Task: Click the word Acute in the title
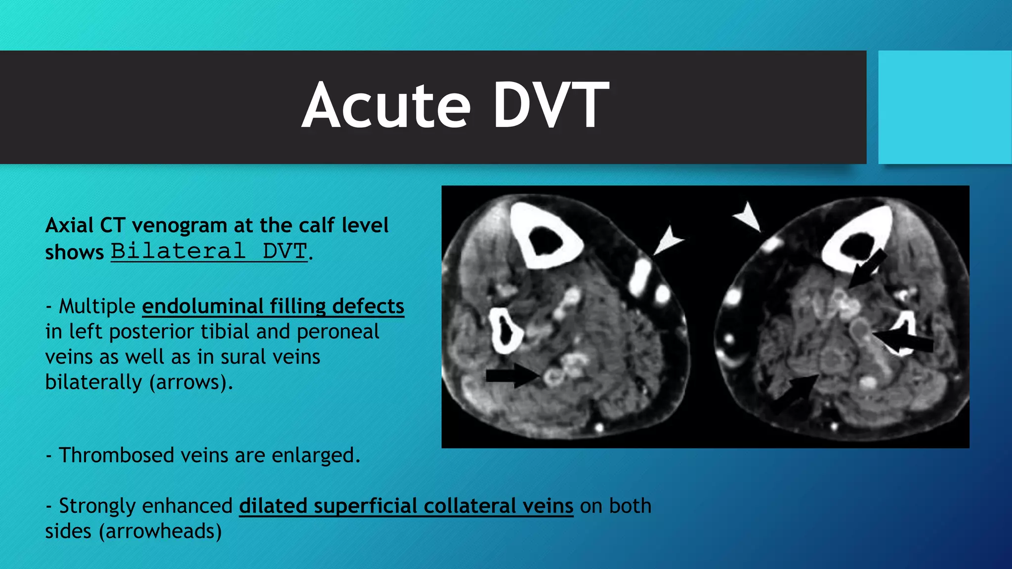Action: point(386,106)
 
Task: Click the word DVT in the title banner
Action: point(550,106)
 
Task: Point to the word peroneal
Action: point(337,331)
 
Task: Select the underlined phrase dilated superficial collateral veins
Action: point(406,506)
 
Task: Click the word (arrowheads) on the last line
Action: point(160,531)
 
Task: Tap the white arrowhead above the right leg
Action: point(748,215)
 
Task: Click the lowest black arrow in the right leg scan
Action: point(796,393)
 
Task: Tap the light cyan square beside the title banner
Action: point(944,107)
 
